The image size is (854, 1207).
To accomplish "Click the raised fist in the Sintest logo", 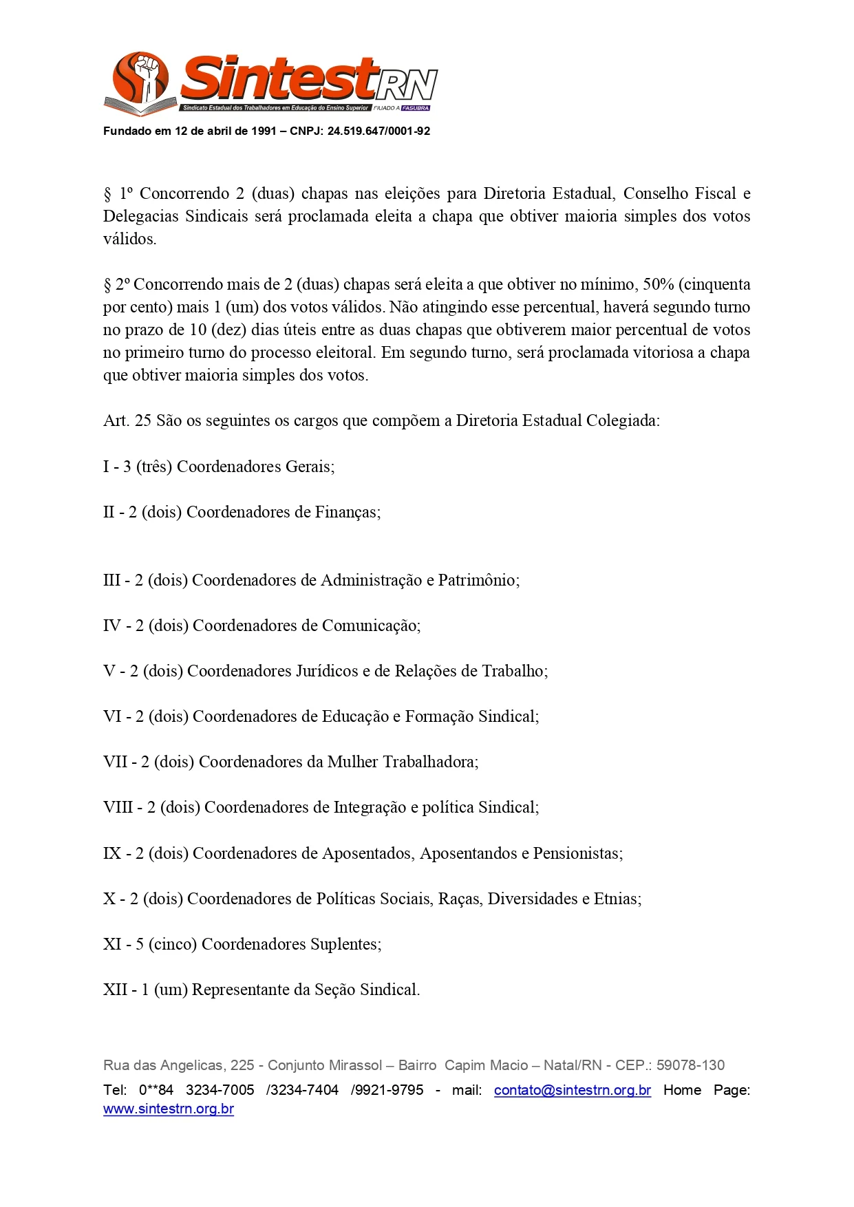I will coord(146,74).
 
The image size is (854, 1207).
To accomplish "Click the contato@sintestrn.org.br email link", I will coord(572,1090).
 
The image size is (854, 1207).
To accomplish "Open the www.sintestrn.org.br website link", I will coord(169,1109).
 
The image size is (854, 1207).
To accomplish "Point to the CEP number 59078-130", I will coord(690,1065).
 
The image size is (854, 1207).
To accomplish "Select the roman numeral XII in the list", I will coord(116,990).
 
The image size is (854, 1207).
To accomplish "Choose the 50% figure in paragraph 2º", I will coord(658,284).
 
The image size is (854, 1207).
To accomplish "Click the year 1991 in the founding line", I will coord(264,131).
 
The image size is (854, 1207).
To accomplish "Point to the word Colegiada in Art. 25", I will coord(621,420).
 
